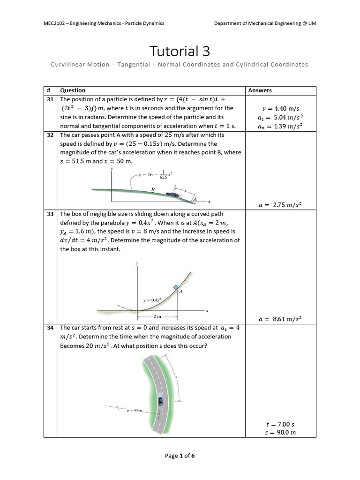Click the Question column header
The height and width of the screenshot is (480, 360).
point(73,90)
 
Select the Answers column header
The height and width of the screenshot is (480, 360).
point(260,90)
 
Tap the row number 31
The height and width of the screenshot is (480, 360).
point(50,99)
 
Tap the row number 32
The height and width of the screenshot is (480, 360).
point(50,135)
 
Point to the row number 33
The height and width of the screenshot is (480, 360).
point(50,213)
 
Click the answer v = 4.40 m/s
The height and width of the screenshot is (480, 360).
point(280,109)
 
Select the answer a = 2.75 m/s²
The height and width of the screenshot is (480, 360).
point(280,204)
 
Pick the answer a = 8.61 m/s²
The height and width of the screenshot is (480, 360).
point(280,319)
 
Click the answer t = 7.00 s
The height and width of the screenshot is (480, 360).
point(280,424)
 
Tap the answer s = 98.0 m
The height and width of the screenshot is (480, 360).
point(280,432)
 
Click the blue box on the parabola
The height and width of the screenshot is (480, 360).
point(176,287)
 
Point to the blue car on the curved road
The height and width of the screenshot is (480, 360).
point(160,401)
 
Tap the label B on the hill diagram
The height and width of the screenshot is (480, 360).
point(153,189)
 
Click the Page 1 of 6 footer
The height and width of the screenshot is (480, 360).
point(180,456)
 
